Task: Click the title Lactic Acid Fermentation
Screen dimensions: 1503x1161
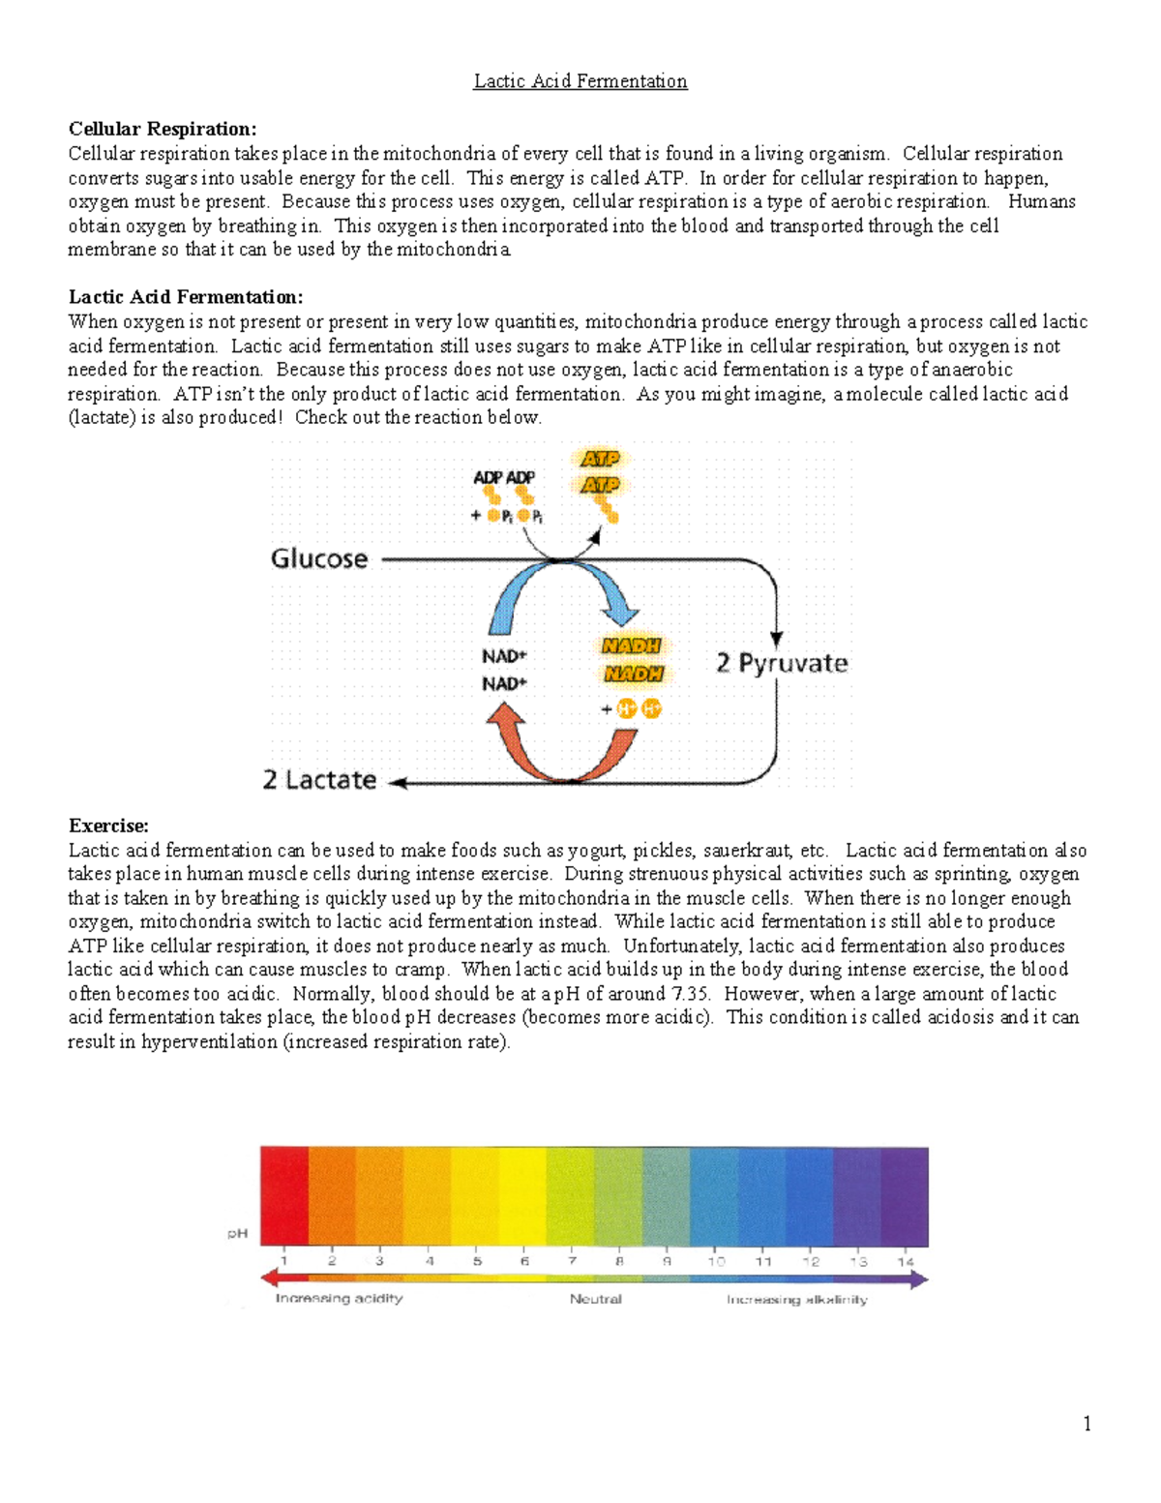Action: [x=580, y=81]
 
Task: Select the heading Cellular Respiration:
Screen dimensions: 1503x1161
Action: [x=163, y=129]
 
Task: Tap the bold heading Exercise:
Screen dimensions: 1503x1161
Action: [x=108, y=826]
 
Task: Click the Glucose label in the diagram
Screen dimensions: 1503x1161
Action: [x=319, y=558]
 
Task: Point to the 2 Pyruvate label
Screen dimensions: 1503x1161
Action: [x=782, y=663]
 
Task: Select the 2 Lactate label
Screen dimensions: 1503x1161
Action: [x=319, y=780]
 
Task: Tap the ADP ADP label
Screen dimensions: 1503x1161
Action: [x=503, y=477]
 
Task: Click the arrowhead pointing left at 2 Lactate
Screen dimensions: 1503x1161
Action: [x=398, y=783]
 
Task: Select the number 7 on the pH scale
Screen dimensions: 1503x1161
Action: [x=572, y=1261]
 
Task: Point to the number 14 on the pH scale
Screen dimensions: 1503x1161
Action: [x=905, y=1261]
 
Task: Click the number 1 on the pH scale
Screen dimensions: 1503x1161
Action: [x=284, y=1261]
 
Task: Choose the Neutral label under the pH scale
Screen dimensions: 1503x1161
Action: [x=595, y=1299]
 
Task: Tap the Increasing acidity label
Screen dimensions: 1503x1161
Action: [x=339, y=1298]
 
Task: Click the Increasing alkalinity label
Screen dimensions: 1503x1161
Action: [x=797, y=1299]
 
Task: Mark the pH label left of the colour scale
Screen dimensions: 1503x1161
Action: [x=237, y=1233]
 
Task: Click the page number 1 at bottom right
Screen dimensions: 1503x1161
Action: [x=1087, y=1423]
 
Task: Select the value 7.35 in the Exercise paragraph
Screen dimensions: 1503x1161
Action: [x=690, y=994]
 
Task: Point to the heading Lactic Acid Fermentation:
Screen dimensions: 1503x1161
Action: [x=186, y=297]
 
